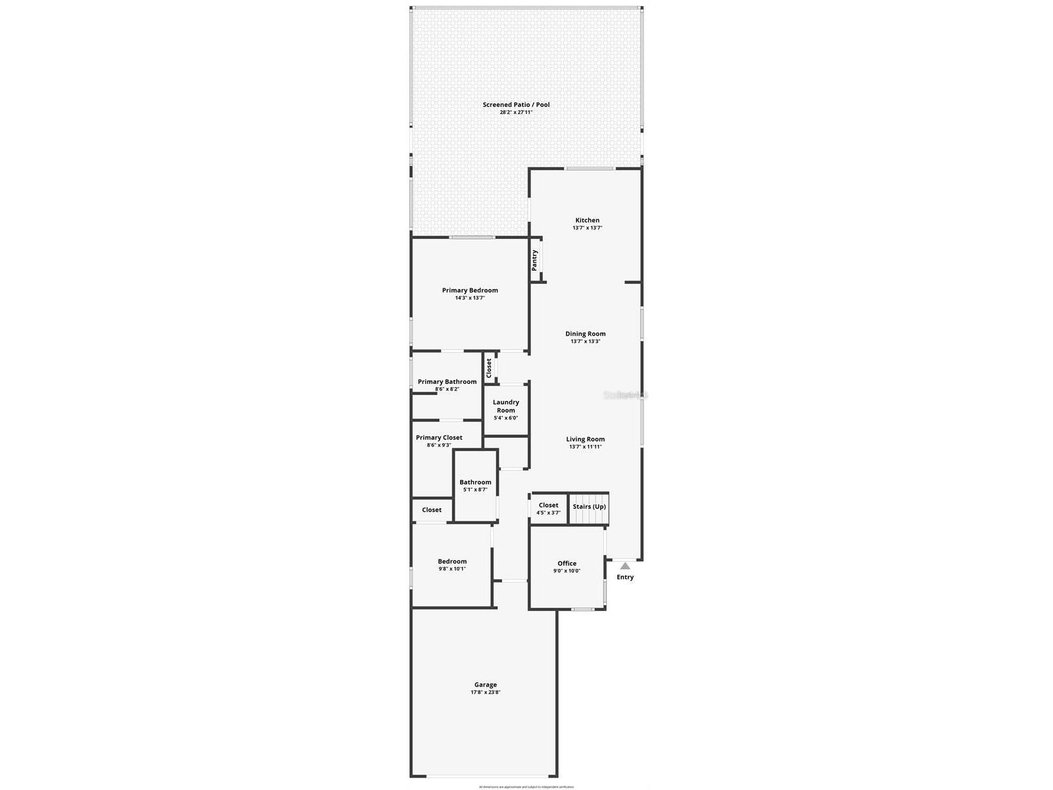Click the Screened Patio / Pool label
coord(516,105)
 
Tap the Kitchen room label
coord(587,221)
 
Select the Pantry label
coord(535,260)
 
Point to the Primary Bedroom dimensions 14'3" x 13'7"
coord(470,298)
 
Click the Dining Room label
coord(585,334)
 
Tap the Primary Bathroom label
coord(447,382)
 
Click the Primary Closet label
coord(439,438)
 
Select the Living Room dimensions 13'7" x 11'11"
coord(585,447)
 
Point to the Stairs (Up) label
coord(589,507)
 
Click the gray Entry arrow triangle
coord(625,566)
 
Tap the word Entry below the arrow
coord(625,577)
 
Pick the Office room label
coord(567,564)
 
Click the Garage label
coord(486,685)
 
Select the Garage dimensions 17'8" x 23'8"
coord(486,693)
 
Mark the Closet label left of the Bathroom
coord(432,510)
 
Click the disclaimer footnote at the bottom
coord(526,787)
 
